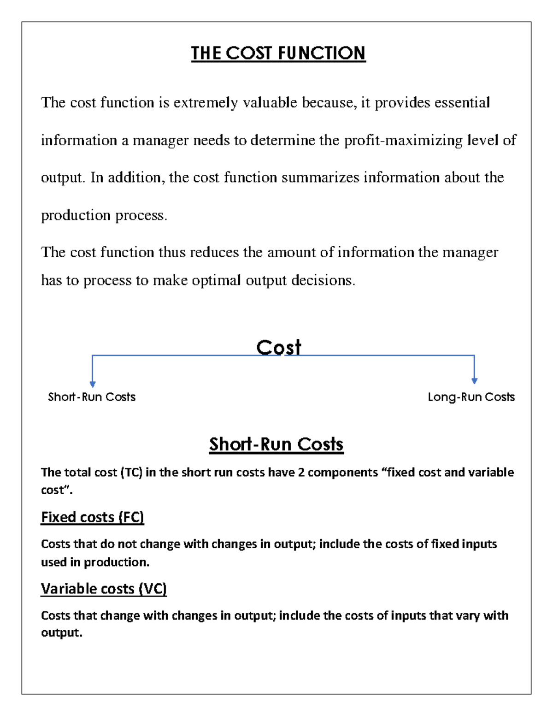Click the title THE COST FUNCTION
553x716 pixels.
pos(278,53)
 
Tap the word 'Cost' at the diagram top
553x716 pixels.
pos(278,348)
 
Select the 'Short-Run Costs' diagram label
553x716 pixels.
pos(92,397)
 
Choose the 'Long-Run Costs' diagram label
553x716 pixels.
pos(471,397)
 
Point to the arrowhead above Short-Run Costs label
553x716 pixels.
pos(93,384)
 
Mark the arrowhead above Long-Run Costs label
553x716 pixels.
pos(474,381)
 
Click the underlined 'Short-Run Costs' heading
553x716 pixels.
pos(276,444)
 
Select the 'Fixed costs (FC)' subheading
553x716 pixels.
pos(92,517)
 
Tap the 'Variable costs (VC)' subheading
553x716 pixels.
pos(104,589)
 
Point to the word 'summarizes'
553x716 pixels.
pos(320,178)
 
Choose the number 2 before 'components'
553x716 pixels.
pos(301,473)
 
